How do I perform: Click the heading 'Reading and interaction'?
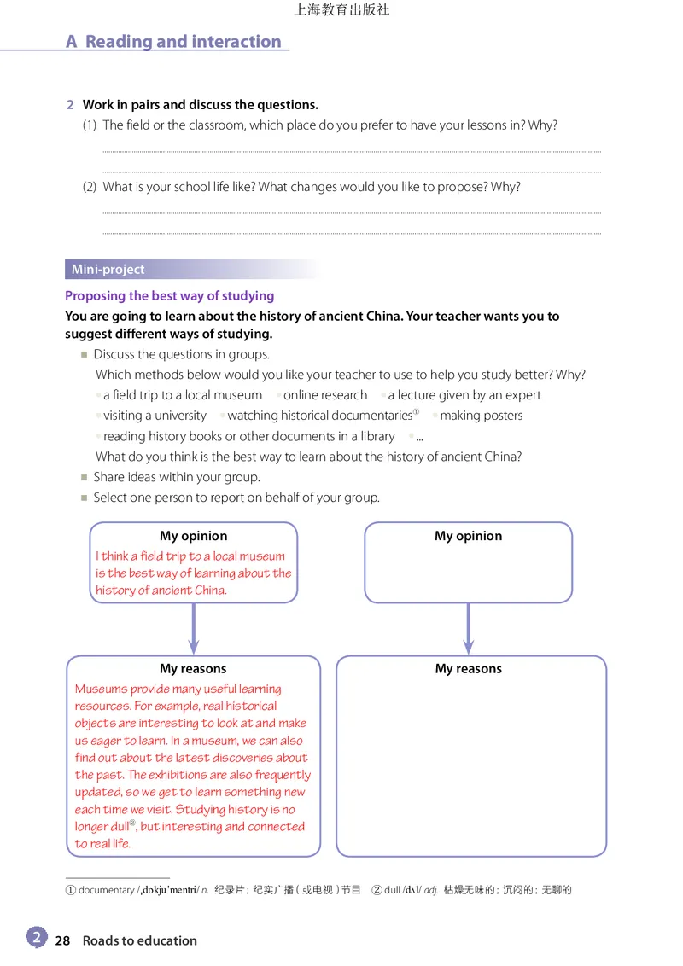(183, 42)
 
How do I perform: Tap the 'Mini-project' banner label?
(108, 270)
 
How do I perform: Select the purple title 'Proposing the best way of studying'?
(169, 296)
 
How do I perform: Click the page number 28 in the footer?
(62, 940)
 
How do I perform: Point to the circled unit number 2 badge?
(36, 937)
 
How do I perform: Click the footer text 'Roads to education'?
(139, 940)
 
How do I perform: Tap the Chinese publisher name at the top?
(341, 10)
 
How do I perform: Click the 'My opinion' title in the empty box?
(468, 536)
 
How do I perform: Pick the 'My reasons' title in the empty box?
(468, 669)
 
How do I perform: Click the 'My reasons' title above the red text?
(193, 669)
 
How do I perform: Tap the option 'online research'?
(325, 395)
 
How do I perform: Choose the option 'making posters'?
(481, 416)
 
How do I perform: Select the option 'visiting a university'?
(155, 416)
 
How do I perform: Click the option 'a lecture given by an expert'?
(464, 395)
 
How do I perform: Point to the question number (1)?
(90, 125)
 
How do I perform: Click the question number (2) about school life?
(90, 187)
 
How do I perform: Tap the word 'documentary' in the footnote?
(107, 890)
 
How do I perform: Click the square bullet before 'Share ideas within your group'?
(84, 477)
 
